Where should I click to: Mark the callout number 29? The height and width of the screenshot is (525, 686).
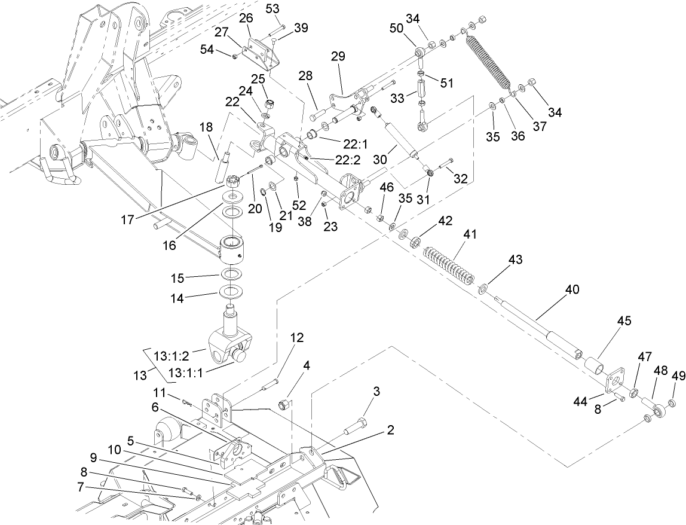(x=338, y=57)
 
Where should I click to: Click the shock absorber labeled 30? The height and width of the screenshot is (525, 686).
(x=401, y=139)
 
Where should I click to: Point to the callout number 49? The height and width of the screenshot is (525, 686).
(x=677, y=376)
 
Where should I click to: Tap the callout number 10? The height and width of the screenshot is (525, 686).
(x=115, y=449)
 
